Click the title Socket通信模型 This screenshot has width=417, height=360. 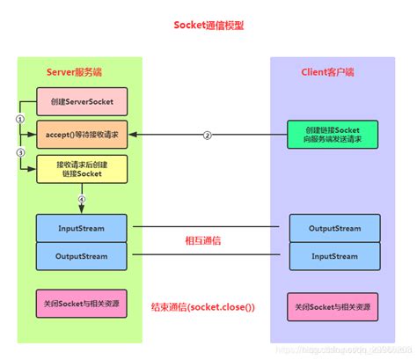pos(208,26)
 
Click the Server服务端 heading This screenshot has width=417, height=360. pos(80,71)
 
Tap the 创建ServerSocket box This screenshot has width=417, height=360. pos(81,101)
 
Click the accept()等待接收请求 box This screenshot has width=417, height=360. pos(81,135)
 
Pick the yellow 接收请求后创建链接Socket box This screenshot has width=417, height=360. pos(81,169)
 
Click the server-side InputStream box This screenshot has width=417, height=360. pos(81,228)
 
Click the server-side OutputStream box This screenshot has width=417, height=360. pos(81,256)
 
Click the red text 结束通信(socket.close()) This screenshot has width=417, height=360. pos(203,307)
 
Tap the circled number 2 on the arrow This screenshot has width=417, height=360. pos(208,135)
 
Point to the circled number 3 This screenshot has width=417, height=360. pos(20,151)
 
